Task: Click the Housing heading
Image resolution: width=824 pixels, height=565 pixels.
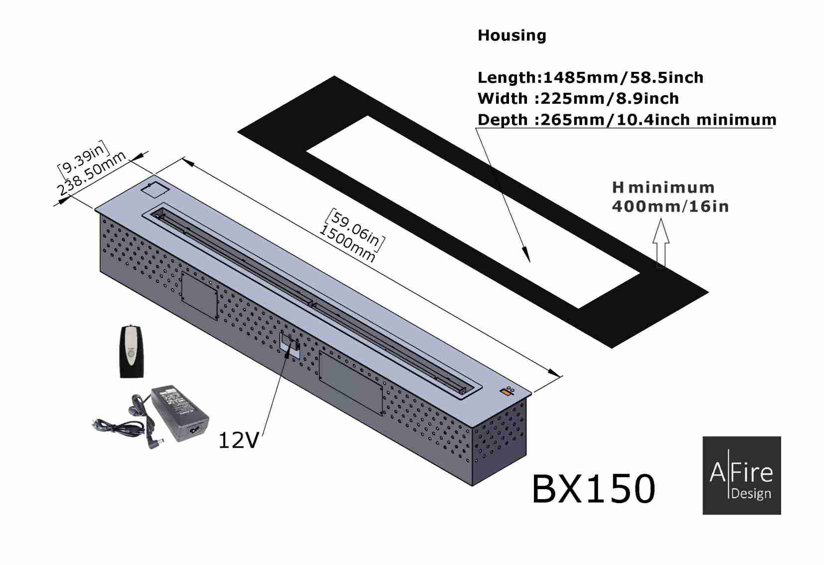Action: (x=511, y=36)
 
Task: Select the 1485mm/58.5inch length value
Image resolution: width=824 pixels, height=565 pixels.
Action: (x=623, y=77)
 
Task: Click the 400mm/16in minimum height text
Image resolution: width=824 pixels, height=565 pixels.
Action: (x=670, y=206)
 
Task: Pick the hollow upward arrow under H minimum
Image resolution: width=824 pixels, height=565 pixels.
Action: (x=660, y=242)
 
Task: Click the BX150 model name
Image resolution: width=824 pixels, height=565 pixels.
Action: (x=593, y=489)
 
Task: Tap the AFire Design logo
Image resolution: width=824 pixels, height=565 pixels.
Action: (x=742, y=475)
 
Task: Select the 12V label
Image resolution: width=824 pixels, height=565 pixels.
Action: (x=238, y=441)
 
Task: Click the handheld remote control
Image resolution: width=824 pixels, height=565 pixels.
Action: (x=131, y=351)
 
